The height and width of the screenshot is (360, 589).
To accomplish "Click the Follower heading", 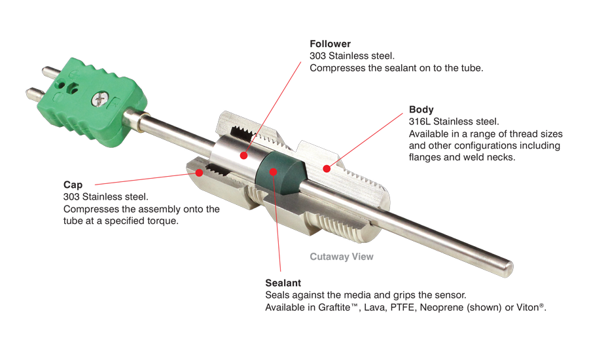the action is click(330, 44).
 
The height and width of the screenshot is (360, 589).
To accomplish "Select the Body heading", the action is click(421, 109).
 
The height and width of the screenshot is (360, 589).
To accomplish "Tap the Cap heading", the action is click(73, 185).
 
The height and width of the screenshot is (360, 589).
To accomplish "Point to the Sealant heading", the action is click(283, 283).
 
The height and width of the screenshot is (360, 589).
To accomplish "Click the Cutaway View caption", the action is click(342, 257).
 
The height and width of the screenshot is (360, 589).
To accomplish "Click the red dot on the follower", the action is click(244, 155).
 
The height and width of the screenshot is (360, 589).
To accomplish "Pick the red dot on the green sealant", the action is click(274, 171).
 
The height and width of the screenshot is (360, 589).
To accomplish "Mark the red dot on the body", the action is click(327, 169).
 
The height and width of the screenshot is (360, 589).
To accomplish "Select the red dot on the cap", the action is click(200, 173).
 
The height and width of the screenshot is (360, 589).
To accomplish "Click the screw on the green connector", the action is click(100, 99).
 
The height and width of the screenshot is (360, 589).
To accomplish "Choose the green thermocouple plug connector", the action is click(92, 101).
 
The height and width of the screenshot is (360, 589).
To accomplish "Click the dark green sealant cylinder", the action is click(280, 173).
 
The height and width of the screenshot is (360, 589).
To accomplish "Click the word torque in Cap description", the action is click(164, 221).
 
